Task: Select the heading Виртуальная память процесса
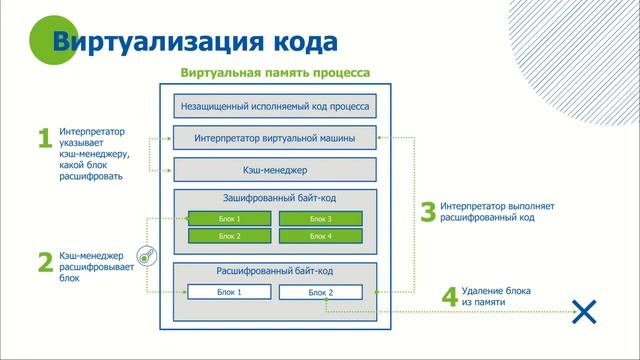pyautogui.click(x=275, y=73)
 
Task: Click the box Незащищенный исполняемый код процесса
pyautogui.click(x=275, y=105)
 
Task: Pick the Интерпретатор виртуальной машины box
pyautogui.click(x=275, y=137)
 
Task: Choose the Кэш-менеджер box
pyautogui.click(x=275, y=169)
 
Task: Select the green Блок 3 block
pyautogui.click(x=320, y=218)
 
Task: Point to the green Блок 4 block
pyautogui.click(x=320, y=236)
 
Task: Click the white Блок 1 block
pyautogui.click(x=230, y=292)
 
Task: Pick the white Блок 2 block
pyautogui.click(x=320, y=292)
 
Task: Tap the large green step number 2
pyautogui.click(x=44, y=263)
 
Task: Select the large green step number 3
pyautogui.click(x=428, y=212)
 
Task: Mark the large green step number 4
pyautogui.click(x=449, y=297)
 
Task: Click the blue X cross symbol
pyautogui.click(x=582, y=311)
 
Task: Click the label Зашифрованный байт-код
pyautogui.click(x=275, y=199)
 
